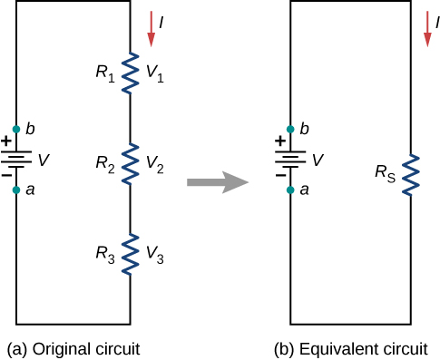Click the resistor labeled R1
(129, 72)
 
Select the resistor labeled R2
(129, 163)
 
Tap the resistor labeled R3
(129, 254)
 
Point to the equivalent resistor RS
(412, 173)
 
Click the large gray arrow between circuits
(217, 182)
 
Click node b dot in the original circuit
(16, 129)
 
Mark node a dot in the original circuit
(16, 190)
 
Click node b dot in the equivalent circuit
(290, 129)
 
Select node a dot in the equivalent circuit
(290, 190)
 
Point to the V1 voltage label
(155, 72)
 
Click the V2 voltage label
(155, 164)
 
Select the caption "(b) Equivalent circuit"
(352, 347)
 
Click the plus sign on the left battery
(6, 141)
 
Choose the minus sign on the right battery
(280, 176)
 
